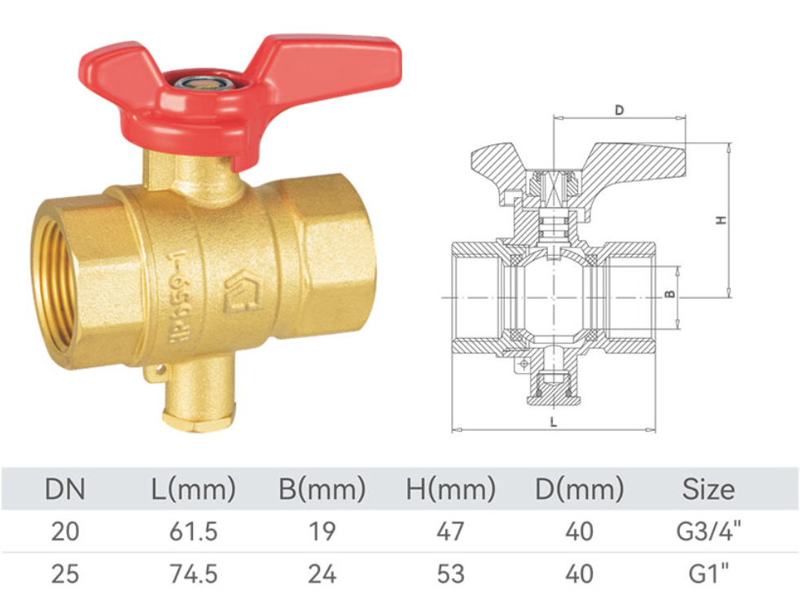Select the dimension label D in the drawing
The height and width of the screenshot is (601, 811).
coord(619,110)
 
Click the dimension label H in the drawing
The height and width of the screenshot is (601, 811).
coord(720,220)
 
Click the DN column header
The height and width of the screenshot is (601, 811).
coord(65,489)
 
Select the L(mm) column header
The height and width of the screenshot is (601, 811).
coord(194,489)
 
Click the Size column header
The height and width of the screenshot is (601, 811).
coord(708,489)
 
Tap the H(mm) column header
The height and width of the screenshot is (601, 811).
coord(450,489)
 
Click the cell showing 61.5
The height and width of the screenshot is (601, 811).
coord(194,532)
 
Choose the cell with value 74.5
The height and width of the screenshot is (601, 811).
coord(194,574)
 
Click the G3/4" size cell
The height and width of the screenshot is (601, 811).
coord(708,532)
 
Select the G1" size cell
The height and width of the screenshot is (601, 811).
coord(708,574)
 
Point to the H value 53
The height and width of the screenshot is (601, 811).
coord(450,574)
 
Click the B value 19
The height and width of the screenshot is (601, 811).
coord(322,532)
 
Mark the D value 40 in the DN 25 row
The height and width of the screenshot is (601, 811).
coord(579,574)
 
